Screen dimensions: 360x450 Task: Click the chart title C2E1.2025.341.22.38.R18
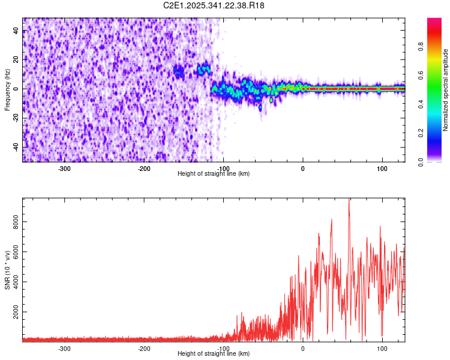click(214, 5)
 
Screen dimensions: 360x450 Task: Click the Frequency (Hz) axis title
click(7, 89)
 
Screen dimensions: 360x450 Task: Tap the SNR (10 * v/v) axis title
click(7, 269)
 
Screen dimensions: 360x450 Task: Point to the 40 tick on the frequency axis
click(16, 31)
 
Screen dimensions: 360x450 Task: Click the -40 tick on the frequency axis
click(15, 147)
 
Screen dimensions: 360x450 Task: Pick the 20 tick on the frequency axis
click(16, 59)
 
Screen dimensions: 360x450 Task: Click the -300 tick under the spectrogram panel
click(64, 168)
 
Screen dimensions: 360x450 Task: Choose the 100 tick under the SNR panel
click(382, 348)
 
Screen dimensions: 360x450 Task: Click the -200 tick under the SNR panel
click(144, 348)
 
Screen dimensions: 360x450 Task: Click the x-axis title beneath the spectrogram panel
click(214, 174)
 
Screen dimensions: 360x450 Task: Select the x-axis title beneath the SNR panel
click(214, 354)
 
